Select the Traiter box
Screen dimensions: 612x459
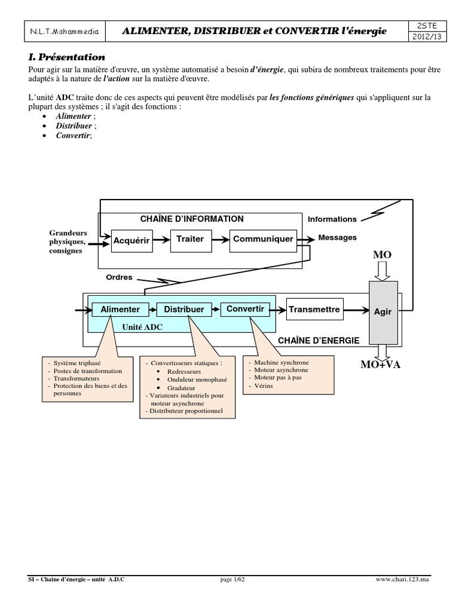190,239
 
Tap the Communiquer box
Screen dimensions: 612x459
263,239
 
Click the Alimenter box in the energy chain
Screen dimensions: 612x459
120,310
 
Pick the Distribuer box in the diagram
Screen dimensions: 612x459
184,310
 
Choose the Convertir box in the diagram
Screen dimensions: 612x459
246,309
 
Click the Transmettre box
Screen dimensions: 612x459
314,310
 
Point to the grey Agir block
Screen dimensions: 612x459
382,311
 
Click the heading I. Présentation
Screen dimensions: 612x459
66,57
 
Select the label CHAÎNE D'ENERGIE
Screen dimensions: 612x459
319,341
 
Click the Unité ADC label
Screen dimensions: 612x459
142,327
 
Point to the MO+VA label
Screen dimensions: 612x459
380,365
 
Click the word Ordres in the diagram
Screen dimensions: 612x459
119,278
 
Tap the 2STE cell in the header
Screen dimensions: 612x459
421,25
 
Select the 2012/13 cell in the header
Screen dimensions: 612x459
421,36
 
